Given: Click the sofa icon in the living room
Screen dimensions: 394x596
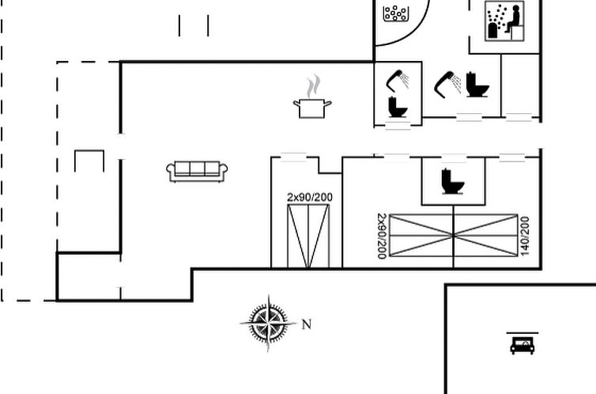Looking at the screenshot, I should (x=197, y=170).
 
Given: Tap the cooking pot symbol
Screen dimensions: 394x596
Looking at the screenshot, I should (x=311, y=108).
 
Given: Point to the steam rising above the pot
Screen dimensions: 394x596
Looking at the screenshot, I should (x=314, y=85).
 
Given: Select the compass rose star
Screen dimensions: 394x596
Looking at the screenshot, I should (x=268, y=322).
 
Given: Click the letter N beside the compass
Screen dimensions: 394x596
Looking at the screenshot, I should (x=307, y=324).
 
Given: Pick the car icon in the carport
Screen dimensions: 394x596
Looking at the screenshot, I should (x=522, y=344).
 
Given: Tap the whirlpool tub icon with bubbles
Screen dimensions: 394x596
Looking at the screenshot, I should (x=394, y=13).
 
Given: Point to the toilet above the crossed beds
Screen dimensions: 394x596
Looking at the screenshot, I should (x=452, y=181).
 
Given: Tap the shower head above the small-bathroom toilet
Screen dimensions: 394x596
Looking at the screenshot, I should (x=398, y=79).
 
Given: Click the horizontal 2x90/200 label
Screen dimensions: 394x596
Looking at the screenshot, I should (x=308, y=197).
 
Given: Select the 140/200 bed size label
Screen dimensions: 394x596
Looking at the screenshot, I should (x=525, y=235).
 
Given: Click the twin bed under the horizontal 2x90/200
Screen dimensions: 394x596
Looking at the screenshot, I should (x=308, y=236).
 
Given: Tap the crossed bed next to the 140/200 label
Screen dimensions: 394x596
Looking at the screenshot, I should (x=485, y=235).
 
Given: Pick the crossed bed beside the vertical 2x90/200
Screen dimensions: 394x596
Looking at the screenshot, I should (x=421, y=235).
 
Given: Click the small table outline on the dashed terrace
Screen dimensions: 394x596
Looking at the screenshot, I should (x=89, y=160).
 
